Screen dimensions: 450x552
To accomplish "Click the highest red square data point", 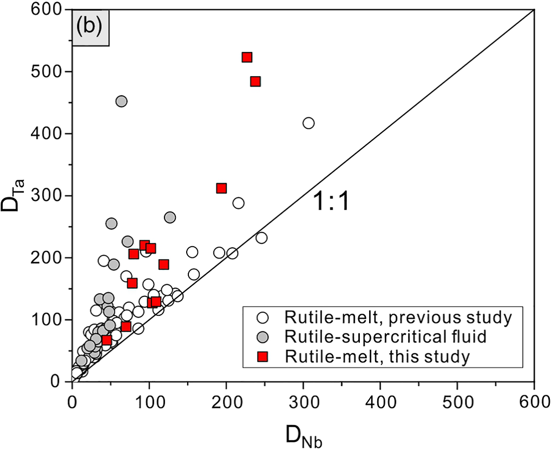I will [247, 57].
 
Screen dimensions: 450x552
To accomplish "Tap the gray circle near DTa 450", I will [122, 101].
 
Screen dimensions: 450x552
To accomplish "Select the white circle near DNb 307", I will [308, 123].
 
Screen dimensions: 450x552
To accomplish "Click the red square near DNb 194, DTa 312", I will [221, 188].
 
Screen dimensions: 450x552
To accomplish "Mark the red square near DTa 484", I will [255, 81].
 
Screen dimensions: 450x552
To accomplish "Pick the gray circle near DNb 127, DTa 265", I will [170, 217].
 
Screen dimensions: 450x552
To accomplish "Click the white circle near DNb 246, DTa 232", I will [261, 237].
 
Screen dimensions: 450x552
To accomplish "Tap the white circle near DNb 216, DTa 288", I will [238, 203].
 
